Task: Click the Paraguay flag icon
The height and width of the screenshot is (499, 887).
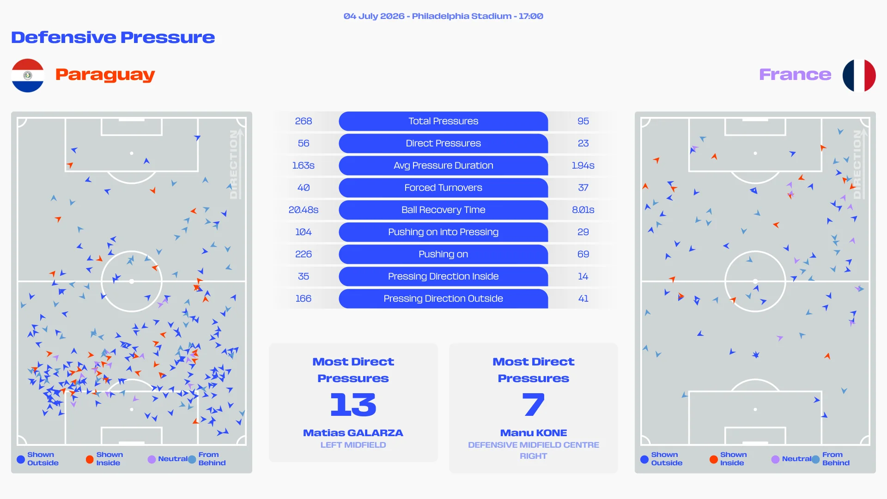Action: click(28, 75)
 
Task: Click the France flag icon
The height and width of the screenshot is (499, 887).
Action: click(859, 75)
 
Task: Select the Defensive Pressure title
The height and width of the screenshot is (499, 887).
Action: click(113, 37)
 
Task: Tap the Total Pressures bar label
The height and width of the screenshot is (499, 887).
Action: click(443, 121)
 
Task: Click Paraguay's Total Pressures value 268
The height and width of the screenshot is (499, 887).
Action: click(304, 121)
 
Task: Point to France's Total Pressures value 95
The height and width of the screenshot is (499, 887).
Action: click(583, 121)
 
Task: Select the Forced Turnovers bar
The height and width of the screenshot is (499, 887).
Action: click(443, 188)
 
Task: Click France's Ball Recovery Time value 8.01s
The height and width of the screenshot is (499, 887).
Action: click(583, 210)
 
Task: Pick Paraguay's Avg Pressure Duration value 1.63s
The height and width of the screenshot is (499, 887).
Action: click(304, 165)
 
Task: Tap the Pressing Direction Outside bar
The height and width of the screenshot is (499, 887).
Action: click(443, 298)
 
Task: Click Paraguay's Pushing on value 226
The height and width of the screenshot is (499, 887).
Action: click(304, 254)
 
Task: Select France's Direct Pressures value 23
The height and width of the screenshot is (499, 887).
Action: click(583, 143)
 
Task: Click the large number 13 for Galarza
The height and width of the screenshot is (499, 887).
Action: click(353, 404)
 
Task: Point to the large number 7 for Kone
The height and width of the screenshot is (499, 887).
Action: click(534, 404)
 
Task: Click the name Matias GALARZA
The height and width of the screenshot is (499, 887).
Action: click(353, 433)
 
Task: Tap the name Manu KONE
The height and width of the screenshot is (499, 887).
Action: click(534, 433)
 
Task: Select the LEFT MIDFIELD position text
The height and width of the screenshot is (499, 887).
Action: click(353, 445)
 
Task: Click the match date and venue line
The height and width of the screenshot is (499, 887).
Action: click(443, 16)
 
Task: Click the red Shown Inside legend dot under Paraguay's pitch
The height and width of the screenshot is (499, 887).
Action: click(90, 459)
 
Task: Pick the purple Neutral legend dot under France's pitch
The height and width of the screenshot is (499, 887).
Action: click(775, 459)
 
